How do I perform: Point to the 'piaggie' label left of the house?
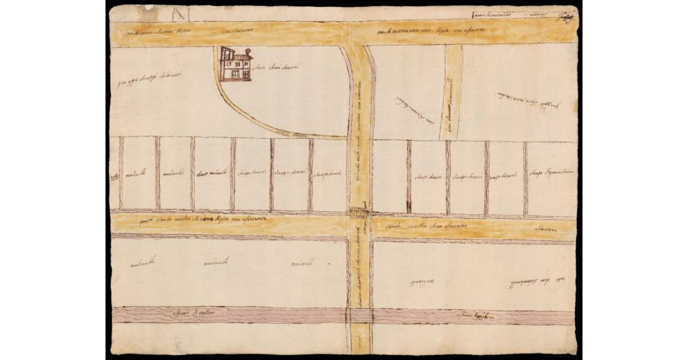point(146,81)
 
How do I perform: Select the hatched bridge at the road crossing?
point(359,213)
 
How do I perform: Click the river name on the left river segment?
point(192,314)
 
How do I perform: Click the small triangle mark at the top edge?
point(179,13)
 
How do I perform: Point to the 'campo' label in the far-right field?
point(553,173)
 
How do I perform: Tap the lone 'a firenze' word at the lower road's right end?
point(546,229)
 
